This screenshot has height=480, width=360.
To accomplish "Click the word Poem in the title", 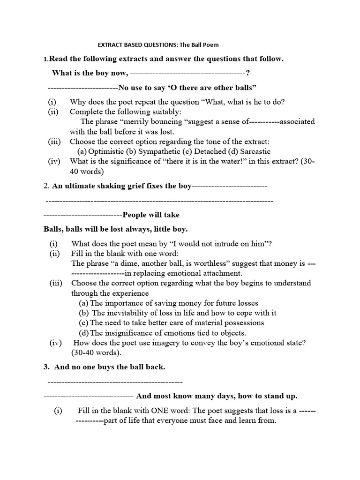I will (x=210, y=45).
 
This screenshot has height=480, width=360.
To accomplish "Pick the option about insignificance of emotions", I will (x=168, y=333).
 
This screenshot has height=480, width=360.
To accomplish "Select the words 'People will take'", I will (x=150, y=215).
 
